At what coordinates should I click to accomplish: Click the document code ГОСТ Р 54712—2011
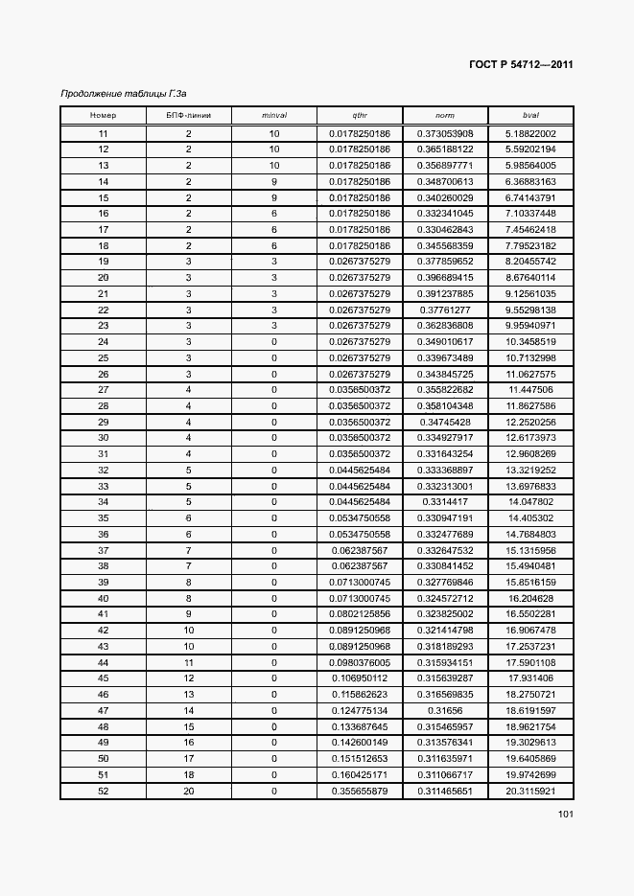(x=522, y=66)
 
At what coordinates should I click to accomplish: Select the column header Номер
(x=103, y=116)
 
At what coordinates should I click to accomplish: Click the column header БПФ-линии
(x=189, y=116)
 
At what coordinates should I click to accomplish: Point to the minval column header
(x=274, y=116)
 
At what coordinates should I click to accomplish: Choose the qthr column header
(x=360, y=116)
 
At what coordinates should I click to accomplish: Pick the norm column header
(x=445, y=116)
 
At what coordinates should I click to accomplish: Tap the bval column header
(x=530, y=116)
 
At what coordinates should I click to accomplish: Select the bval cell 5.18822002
(x=530, y=133)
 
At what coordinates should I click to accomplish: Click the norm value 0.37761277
(x=445, y=310)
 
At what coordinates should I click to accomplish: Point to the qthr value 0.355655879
(x=360, y=791)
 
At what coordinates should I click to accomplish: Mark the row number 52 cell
(x=103, y=791)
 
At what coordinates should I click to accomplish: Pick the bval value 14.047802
(x=530, y=502)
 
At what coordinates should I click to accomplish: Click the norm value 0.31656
(x=445, y=710)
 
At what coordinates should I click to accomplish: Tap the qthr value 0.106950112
(x=360, y=678)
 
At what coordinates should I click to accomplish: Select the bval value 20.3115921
(x=530, y=791)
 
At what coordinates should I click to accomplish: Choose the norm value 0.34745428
(x=445, y=422)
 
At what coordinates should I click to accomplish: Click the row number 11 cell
(x=103, y=133)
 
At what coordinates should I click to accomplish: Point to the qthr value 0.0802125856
(x=360, y=614)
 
